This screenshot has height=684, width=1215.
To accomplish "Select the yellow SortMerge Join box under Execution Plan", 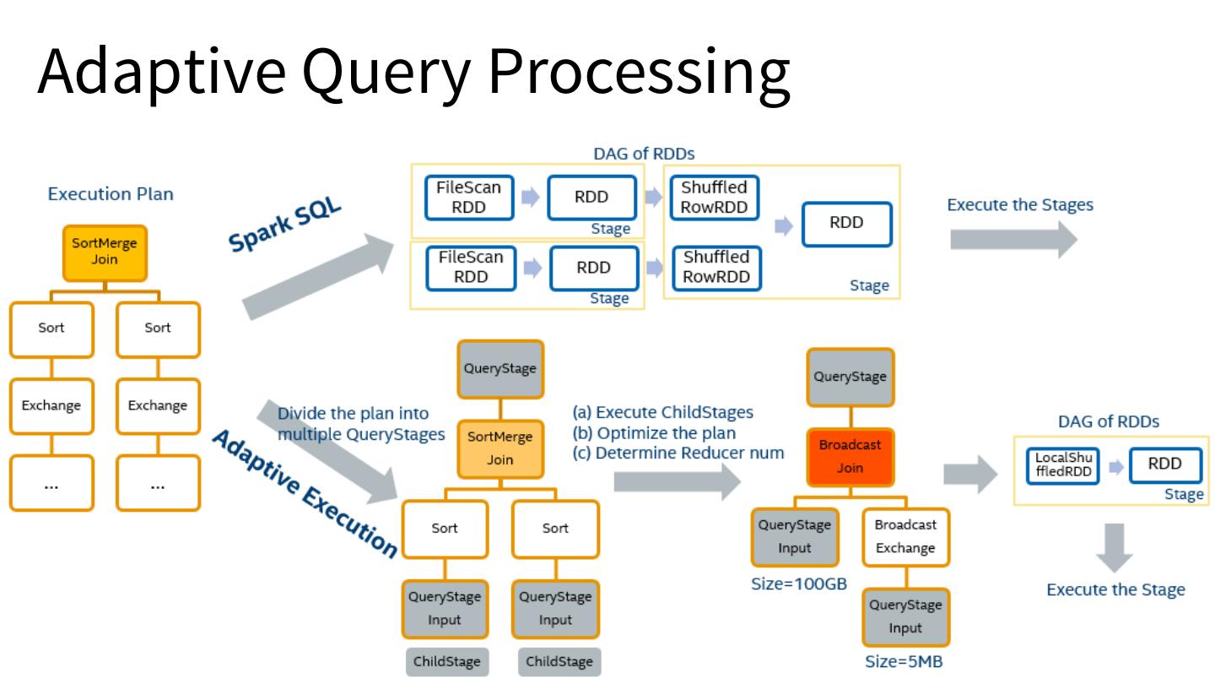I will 105,252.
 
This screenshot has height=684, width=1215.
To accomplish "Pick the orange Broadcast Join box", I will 850,456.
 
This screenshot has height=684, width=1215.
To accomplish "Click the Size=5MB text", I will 904,662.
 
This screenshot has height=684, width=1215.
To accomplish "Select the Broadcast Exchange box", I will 904,536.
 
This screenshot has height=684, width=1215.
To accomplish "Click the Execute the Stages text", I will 1020,205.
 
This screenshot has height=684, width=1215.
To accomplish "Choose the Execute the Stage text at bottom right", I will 1115,589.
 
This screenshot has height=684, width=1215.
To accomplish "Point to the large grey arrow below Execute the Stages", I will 1012,240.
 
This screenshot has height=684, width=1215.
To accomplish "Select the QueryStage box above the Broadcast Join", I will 850,377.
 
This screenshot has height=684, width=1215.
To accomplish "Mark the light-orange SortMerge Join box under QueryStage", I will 499,448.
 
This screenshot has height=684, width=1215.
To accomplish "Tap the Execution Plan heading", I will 111,194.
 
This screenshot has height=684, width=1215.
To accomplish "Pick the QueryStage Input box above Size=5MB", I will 904,616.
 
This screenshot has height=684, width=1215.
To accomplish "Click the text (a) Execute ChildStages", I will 662,413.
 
